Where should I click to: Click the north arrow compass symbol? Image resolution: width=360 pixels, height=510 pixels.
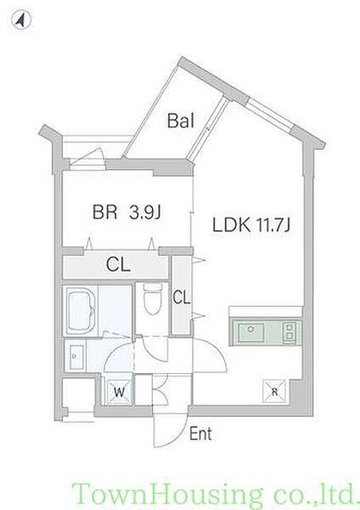point(22,20)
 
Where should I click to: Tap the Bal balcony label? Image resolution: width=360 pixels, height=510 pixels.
point(181,120)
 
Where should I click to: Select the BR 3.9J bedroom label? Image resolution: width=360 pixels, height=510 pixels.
point(127,213)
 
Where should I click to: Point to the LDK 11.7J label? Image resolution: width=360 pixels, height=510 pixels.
point(251,225)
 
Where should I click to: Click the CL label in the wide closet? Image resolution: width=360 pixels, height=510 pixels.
point(118,265)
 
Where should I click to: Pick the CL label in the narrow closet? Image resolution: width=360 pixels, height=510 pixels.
point(181,297)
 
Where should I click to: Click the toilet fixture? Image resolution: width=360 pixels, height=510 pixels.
point(152,299)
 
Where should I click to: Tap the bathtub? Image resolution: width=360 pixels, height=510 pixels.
point(81,311)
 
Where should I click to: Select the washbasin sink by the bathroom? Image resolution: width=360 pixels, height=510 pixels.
point(75,356)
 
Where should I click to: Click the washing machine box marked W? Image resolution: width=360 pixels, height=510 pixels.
point(119,392)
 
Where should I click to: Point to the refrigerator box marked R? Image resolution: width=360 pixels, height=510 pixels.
point(274,391)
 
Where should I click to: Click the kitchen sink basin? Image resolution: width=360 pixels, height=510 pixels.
point(250,332)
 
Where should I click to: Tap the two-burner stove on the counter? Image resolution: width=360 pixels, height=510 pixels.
point(289,331)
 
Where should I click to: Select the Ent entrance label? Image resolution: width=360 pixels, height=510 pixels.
point(201,433)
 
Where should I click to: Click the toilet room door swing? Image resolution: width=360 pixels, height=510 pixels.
point(155,349)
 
